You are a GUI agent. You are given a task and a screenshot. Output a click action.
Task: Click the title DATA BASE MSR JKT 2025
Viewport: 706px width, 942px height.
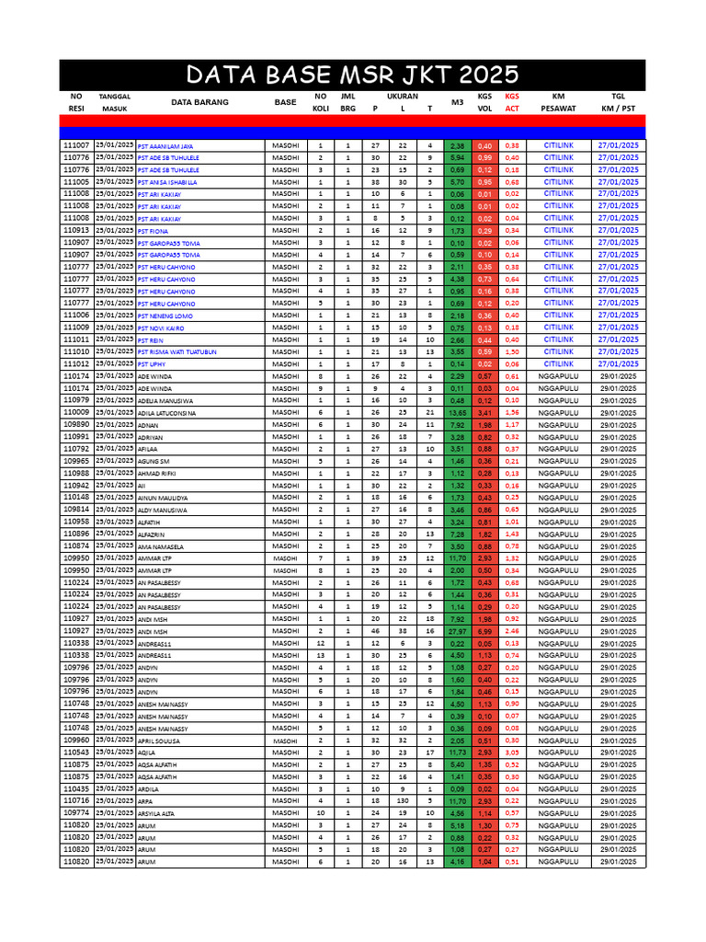352,75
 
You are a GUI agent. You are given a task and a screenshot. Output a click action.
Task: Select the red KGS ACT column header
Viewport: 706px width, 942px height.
512,101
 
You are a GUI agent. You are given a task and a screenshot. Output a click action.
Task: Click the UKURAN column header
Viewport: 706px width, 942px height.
402,96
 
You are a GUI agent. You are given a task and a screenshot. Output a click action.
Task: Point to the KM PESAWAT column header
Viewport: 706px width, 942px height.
558,101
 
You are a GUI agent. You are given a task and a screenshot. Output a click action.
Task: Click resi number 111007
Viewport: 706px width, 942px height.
75,145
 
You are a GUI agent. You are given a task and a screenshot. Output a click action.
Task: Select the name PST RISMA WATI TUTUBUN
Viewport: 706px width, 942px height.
176,352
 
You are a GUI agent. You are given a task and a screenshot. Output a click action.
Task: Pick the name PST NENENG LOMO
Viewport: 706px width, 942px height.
165,316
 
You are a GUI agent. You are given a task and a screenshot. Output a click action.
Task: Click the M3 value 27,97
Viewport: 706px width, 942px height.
457,632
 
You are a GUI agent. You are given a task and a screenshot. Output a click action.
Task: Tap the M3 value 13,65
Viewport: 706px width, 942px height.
457,413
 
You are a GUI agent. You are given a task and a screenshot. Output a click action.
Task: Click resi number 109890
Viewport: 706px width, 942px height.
75,425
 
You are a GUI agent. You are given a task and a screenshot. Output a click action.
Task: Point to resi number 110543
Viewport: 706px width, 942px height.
75,752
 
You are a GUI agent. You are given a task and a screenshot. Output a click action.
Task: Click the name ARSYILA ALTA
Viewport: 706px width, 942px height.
158,813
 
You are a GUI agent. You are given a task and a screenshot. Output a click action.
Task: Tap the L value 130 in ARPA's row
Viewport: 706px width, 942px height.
403,801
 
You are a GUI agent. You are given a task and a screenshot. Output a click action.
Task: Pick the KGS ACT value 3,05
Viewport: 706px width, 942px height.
512,752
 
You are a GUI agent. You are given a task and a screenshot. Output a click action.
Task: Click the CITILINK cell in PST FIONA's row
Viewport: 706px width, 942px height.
558,230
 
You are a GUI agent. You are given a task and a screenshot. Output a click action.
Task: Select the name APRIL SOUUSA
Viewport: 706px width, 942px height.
159,741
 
